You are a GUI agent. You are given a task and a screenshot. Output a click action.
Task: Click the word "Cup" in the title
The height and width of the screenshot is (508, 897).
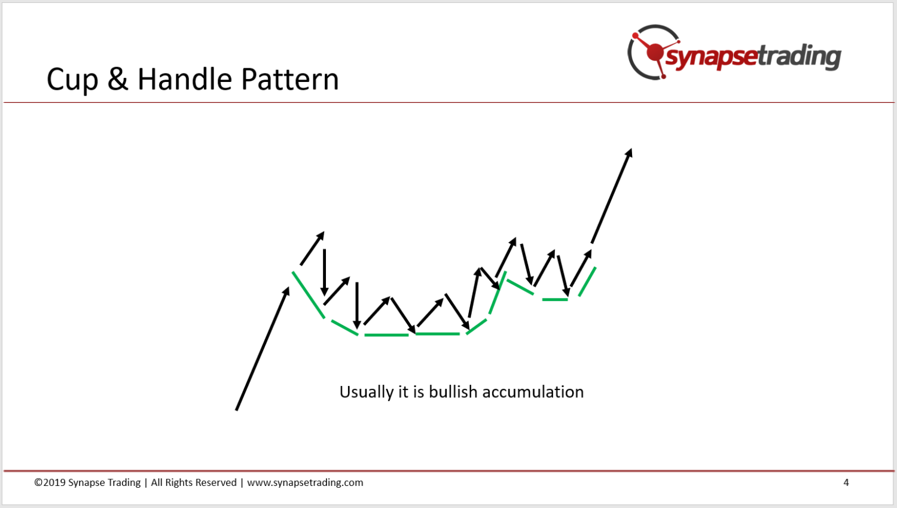72,80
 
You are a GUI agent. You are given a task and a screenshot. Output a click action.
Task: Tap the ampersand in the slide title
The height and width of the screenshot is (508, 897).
118,78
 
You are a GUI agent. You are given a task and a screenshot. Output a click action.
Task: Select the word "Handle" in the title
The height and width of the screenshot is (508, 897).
185,78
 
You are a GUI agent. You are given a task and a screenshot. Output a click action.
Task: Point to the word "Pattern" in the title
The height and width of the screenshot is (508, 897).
290,78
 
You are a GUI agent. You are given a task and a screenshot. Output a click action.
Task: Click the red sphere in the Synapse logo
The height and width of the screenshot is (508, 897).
655,53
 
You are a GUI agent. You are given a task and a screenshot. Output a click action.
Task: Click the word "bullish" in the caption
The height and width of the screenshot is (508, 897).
453,392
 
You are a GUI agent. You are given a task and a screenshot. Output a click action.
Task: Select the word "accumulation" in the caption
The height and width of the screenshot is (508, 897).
533,392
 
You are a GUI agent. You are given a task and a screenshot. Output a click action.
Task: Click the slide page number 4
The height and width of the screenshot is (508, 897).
846,482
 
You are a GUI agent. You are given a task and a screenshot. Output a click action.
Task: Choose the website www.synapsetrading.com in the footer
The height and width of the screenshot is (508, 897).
305,482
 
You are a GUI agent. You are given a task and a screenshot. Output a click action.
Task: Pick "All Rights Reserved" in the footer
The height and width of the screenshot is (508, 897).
194,482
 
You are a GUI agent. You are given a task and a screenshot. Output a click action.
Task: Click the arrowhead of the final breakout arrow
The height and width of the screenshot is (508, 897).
628,153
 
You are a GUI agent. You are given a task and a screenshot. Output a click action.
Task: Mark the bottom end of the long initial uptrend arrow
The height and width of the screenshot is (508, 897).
236,410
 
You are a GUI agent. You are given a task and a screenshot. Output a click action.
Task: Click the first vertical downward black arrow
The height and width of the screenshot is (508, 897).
324,272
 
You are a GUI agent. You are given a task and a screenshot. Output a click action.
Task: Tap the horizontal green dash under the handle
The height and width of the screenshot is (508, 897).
555,299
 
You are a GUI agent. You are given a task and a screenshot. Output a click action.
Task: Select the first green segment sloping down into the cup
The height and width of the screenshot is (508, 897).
309,295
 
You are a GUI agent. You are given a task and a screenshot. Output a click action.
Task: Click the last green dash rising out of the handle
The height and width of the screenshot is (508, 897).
587,282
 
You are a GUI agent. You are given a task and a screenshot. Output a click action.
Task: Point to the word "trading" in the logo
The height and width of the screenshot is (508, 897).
800,56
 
